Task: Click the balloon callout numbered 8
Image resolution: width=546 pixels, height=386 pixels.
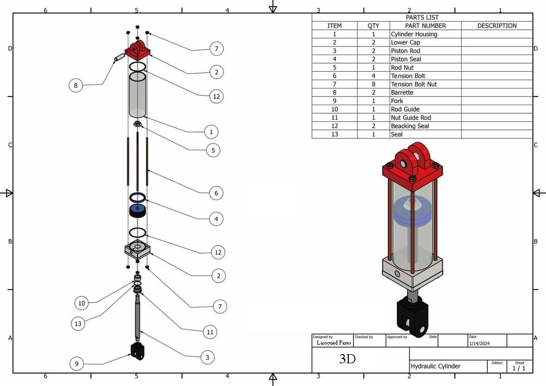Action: (76, 85)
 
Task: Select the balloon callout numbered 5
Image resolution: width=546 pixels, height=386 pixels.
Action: (213, 151)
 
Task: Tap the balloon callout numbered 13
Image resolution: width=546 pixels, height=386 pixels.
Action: (78, 324)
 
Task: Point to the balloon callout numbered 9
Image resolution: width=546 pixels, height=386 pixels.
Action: (77, 364)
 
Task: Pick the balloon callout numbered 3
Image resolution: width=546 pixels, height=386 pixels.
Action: (208, 357)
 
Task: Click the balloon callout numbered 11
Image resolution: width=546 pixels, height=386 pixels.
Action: (210, 332)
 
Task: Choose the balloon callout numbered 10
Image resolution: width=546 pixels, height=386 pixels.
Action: (81, 303)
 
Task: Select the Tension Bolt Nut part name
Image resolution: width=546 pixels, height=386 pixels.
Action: (414, 84)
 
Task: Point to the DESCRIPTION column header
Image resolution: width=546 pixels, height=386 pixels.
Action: (497, 26)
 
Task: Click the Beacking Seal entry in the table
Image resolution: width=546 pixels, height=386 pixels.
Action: (410, 126)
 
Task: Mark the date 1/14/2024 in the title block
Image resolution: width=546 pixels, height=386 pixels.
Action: (479, 343)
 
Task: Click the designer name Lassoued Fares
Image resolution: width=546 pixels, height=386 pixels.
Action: (334, 343)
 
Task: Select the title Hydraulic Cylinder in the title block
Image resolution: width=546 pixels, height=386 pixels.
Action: (435, 366)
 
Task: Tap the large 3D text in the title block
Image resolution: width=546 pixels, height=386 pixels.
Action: (347, 359)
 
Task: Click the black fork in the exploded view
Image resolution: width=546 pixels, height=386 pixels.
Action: (138, 351)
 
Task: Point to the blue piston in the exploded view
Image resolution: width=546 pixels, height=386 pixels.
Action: (138, 211)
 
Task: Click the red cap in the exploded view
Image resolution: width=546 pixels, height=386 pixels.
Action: (138, 50)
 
